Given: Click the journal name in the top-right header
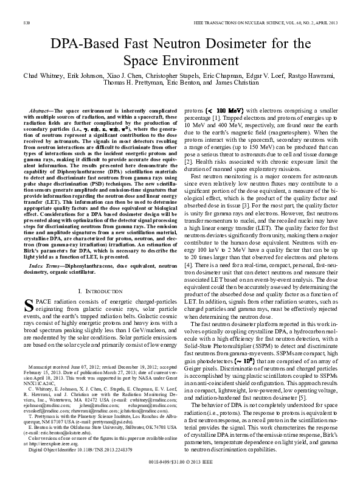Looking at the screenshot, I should coord(274,23).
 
